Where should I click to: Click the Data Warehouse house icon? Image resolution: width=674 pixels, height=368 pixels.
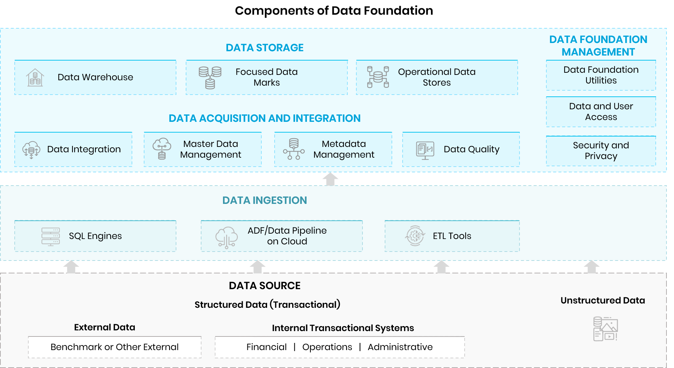[x=35, y=77]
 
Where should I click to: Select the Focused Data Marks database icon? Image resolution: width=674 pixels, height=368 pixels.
[x=210, y=77]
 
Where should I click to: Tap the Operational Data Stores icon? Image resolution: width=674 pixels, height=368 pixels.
[x=378, y=77]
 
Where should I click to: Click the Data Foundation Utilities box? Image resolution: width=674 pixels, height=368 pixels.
[x=601, y=75]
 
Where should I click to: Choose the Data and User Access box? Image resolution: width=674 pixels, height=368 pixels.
[x=601, y=112]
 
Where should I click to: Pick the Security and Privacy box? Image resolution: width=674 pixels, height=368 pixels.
[x=601, y=151]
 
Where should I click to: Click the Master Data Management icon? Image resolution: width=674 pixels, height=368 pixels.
[x=162, y=149]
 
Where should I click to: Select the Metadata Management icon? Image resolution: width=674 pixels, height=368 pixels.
[x=294, y=149]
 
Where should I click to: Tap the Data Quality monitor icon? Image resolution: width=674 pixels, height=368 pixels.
[x=425, y=150]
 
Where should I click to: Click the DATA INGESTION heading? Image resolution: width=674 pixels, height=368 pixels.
[x=265, y=200]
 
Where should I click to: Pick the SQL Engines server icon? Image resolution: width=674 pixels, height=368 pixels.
[x=51, y=236]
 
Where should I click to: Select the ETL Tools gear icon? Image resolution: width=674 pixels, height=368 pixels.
[x=415, y=236]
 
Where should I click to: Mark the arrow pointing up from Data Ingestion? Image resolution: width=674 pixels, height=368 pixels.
[x=330, y=179]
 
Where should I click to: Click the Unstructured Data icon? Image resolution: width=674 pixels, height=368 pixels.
[x=606, y=329]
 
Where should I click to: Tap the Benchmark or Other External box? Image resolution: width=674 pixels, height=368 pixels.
[x=115, y=347]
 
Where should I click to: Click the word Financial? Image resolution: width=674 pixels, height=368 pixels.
[x=266, y=347]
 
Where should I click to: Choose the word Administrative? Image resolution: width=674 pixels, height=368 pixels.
[x=400, y=347]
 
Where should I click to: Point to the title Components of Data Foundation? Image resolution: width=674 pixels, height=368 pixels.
[x=334, y=11]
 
